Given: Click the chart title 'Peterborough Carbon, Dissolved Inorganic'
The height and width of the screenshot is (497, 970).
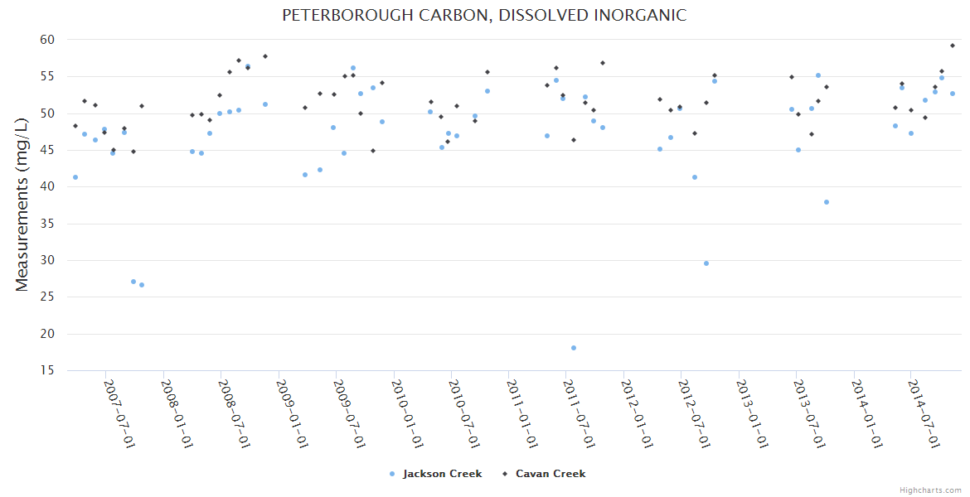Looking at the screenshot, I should [484, 16].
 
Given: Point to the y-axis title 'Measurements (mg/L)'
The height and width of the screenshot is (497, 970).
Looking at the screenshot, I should [22, 205].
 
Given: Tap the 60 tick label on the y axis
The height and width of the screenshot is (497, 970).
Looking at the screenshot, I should [46, 40].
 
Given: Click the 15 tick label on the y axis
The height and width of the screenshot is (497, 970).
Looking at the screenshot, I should [46, 370].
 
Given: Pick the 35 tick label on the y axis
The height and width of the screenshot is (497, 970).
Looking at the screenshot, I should [46, 224].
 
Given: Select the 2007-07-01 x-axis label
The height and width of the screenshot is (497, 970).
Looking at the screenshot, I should [119, 414].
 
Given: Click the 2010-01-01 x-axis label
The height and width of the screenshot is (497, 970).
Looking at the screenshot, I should [407, 414].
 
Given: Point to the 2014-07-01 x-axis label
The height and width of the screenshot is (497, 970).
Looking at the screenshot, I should [924, 414].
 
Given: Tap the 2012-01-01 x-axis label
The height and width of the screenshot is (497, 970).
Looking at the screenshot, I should [637, 414].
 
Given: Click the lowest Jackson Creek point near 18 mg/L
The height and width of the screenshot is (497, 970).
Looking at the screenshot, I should [574, 348].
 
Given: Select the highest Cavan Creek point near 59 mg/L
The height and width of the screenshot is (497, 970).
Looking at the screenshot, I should [953, 46].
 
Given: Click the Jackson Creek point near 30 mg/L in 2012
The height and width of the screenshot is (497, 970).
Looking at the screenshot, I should [706, 263].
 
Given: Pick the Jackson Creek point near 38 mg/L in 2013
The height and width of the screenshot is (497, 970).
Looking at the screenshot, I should [827, 202].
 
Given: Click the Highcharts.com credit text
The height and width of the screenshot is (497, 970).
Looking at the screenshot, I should [931, 490].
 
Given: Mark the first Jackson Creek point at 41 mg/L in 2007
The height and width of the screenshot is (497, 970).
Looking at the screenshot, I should [75, 177].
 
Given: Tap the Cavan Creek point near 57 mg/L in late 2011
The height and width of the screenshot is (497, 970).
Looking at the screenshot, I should [603, 63].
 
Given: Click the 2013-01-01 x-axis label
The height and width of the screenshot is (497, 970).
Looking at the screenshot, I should [752, 414].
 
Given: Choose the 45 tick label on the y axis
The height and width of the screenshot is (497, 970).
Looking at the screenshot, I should [46, 150].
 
